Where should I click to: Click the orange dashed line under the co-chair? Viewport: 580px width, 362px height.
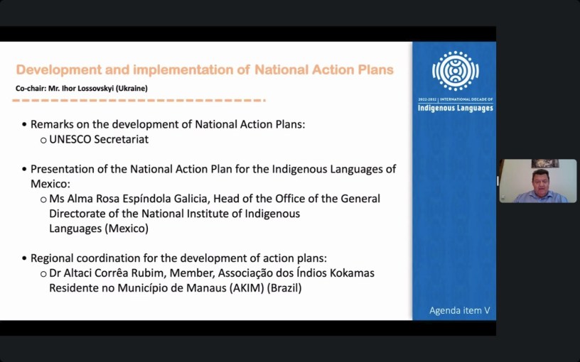click(x=139, y=100)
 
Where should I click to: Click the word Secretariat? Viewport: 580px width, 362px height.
click(x=122, y=139)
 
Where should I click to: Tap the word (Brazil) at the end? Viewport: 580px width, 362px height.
click(x=284, y=287)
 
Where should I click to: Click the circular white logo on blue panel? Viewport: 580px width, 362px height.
click(x=456, y=71)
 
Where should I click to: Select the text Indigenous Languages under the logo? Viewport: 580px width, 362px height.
click(x=456, y=108)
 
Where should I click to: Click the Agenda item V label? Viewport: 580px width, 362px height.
click(x=460, y=310)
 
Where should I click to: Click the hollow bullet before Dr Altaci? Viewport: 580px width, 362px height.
click(x=43, y=274)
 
